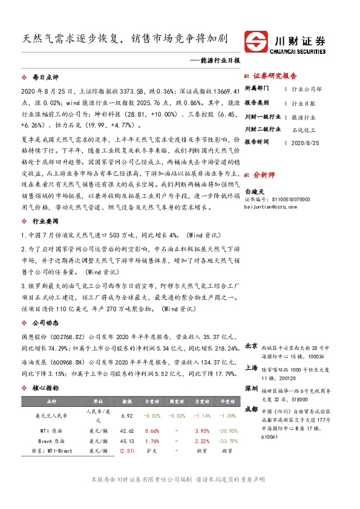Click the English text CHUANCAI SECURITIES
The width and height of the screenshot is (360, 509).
tap(299, 51)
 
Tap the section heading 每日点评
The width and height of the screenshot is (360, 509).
tap(45, 78)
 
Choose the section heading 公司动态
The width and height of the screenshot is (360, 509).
tap(45, 322)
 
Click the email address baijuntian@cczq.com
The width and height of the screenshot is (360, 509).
tap(273, 206)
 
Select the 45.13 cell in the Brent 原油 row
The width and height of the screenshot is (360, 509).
tap(127, 441)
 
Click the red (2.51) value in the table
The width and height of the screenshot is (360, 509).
tap(127, 450)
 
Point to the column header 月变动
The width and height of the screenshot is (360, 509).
tap(202, 401)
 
